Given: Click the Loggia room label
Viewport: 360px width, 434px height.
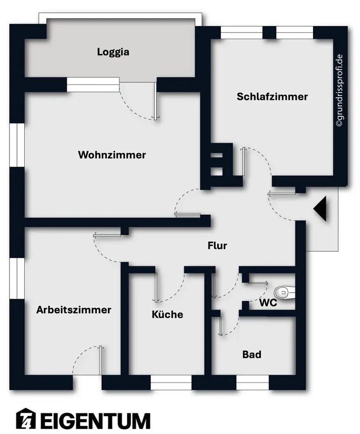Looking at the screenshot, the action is click(x=113, y=53).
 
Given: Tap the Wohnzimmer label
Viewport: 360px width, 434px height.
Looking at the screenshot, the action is click(x=112, y=155).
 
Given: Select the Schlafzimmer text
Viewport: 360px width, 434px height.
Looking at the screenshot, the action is click(x=272, y=97).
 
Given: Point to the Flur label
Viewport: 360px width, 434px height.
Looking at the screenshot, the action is click(x=217, y=246).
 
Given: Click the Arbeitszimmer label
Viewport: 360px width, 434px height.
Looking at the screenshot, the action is click(x=74, y=310).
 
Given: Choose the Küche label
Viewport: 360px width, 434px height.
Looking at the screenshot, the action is click(x=167, y=315).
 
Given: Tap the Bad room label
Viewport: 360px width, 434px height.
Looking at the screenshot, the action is click(x=252, y=355).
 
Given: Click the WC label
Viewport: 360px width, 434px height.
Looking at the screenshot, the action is click(x=268, y=303).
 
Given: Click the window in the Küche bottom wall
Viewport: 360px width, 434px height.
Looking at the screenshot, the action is click(x=171, y=382).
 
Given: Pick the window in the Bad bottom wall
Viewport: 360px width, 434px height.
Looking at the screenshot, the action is click(x=252, y=382).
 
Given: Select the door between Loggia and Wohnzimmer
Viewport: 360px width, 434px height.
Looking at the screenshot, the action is click(x=155, y=101).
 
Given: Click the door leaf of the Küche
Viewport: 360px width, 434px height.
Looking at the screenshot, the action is click(x=155, y=287).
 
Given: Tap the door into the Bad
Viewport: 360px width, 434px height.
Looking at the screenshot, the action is click(x=221, y=325).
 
